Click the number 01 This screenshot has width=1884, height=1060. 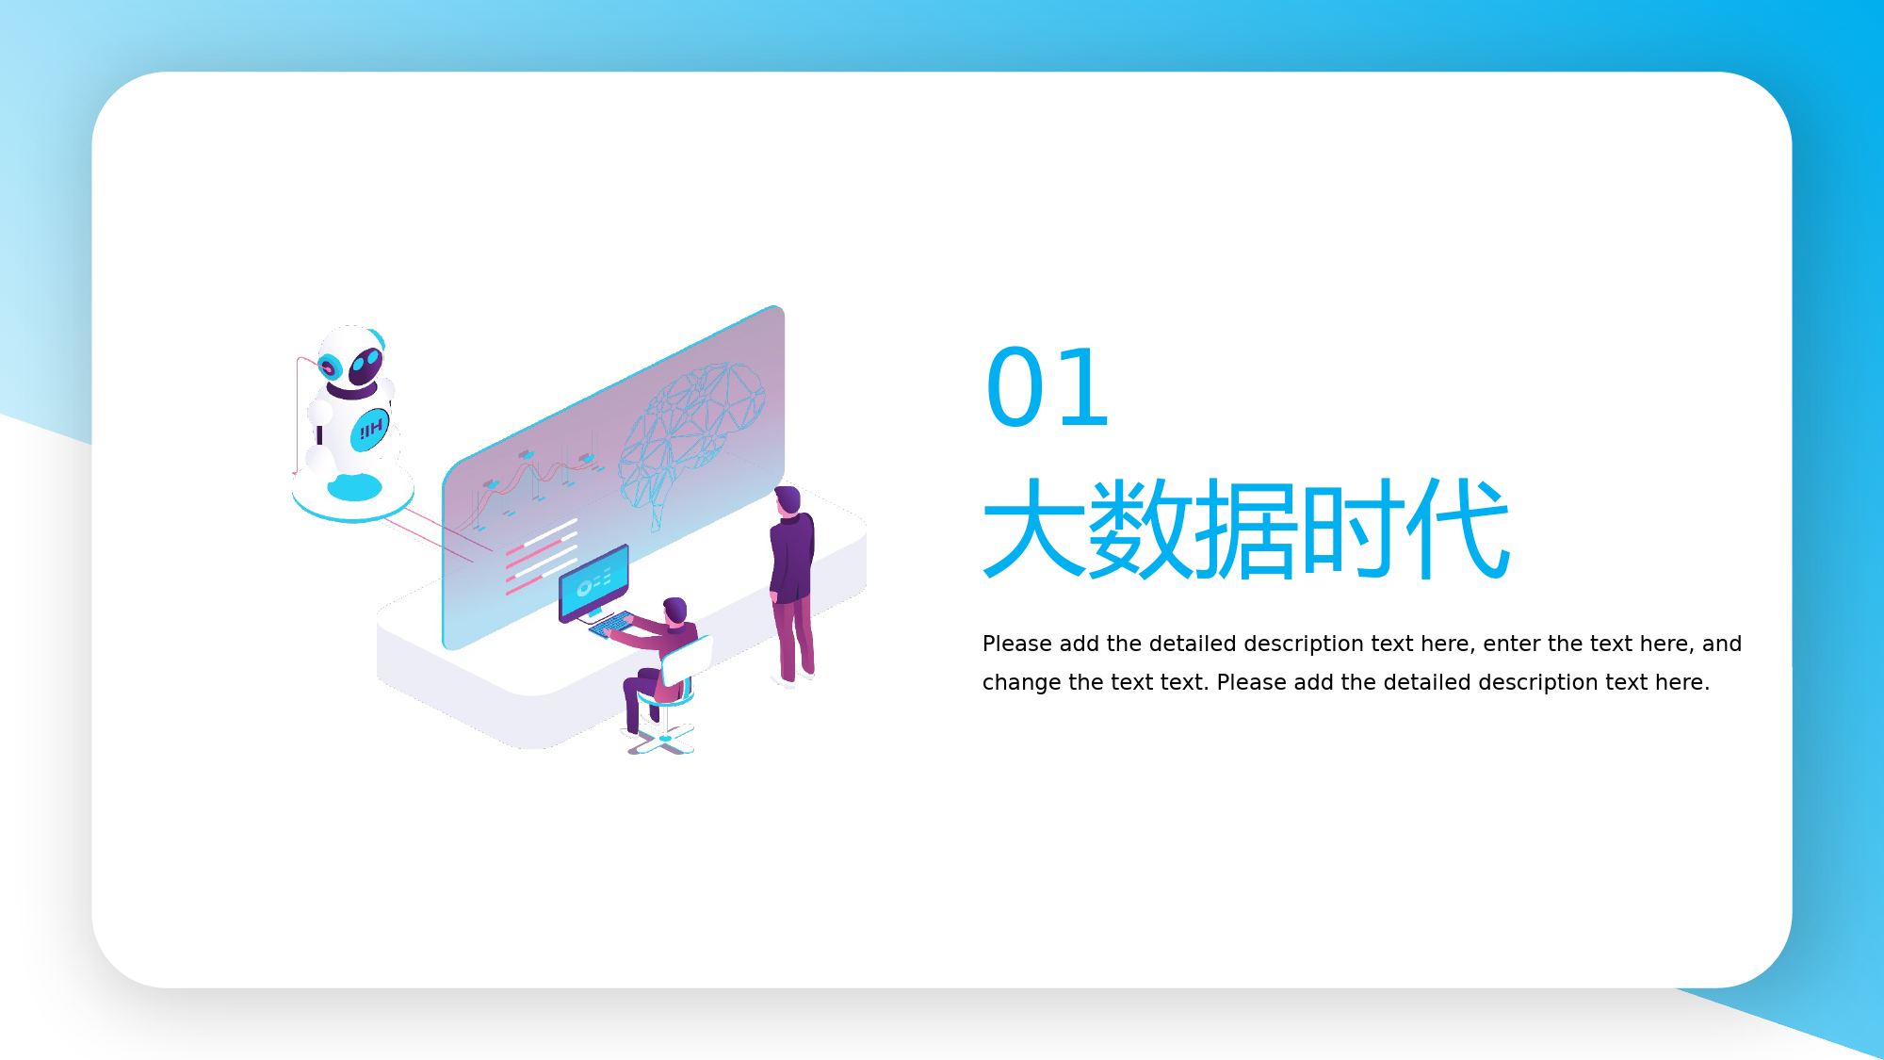pos(1047,387)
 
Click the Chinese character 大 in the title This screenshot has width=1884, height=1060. pos(1034,528)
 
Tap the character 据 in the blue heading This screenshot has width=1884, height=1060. pos(1247,528)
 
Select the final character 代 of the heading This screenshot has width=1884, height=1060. pos(1459,528)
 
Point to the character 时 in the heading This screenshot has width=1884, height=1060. pos(1353,528)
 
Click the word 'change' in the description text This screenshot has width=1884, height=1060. pos(1021,683)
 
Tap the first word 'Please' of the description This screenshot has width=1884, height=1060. pos(1016,644)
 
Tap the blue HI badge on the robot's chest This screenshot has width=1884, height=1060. pos(370,430)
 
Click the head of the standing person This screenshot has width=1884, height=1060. pos(788,500)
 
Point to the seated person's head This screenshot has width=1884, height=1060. pos(674,611)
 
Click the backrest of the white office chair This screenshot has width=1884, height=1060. pos(687,660)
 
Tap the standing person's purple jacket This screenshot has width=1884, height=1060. pos(792,557)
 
